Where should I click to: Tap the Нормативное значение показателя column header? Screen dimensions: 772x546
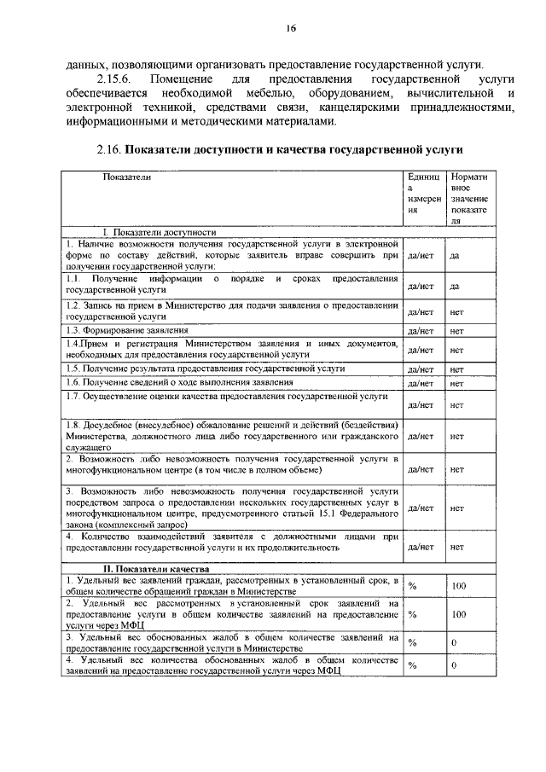click(x=468, y=197)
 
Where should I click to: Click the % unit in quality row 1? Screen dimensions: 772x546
click(x=412, y=587)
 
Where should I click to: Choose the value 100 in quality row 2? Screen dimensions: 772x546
click(x=458, y=613)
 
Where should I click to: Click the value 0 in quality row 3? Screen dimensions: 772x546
click(x=454, y=641)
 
